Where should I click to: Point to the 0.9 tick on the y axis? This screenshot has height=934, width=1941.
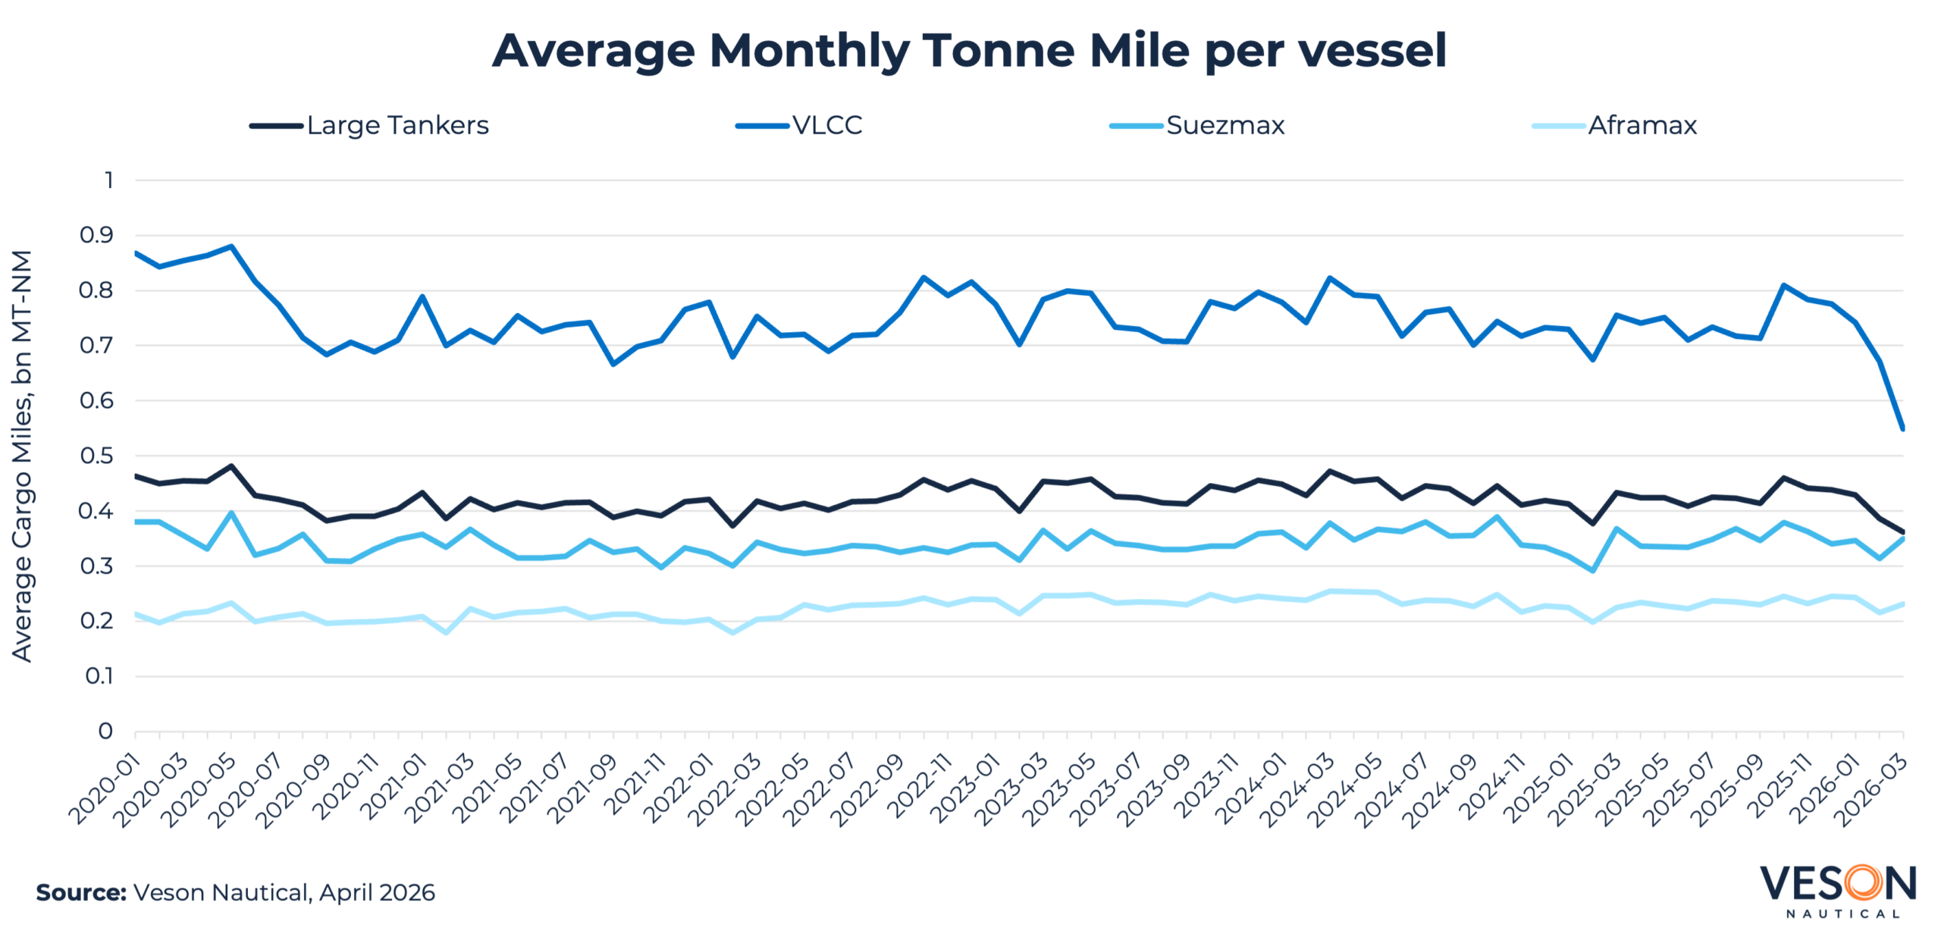97,235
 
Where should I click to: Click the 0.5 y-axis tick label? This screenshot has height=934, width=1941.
97,456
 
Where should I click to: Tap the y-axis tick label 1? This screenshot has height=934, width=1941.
109,180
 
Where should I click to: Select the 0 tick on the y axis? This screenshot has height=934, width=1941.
105,731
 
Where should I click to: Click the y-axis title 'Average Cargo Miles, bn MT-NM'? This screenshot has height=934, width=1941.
23,456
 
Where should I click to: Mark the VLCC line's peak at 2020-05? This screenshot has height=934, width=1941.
231,246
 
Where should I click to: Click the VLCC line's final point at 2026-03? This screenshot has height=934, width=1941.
1902,428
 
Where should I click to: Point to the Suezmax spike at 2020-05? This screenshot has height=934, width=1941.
231,513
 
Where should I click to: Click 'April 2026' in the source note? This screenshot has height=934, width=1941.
377,892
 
